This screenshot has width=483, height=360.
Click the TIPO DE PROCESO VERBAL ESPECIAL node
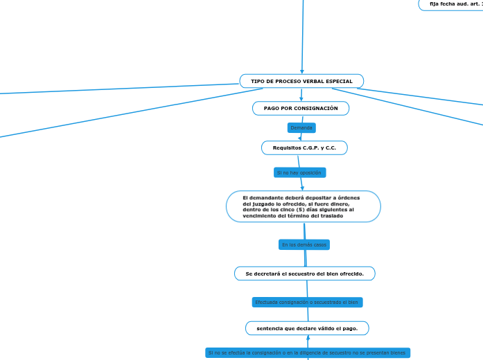tap(301, 81)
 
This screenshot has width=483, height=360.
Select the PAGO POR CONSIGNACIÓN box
tap(301, 108)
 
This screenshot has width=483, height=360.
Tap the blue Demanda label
tap(301, 128)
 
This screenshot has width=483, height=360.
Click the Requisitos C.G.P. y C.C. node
tap(304, 147)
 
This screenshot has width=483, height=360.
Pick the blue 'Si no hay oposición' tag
tap(299, 172)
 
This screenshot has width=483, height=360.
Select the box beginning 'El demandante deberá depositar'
tap(303, 206)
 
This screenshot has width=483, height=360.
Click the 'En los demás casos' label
tap(304, 245)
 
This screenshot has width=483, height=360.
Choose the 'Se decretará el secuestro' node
tap(304, 273)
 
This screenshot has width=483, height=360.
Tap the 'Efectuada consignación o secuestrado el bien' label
tap(307, 303)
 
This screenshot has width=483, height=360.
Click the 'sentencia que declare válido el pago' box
tap(307, 328)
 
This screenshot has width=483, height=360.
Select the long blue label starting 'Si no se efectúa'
tap(307, 353)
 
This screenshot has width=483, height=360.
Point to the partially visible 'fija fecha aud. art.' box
tap(454, 4)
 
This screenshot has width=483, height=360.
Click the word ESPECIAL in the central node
tap(337, 82)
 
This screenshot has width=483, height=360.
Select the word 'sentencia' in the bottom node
tap(269, 328)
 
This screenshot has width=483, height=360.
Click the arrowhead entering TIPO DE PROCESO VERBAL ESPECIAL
tap(302, 71)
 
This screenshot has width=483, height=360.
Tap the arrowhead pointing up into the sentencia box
tap(308, 339)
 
